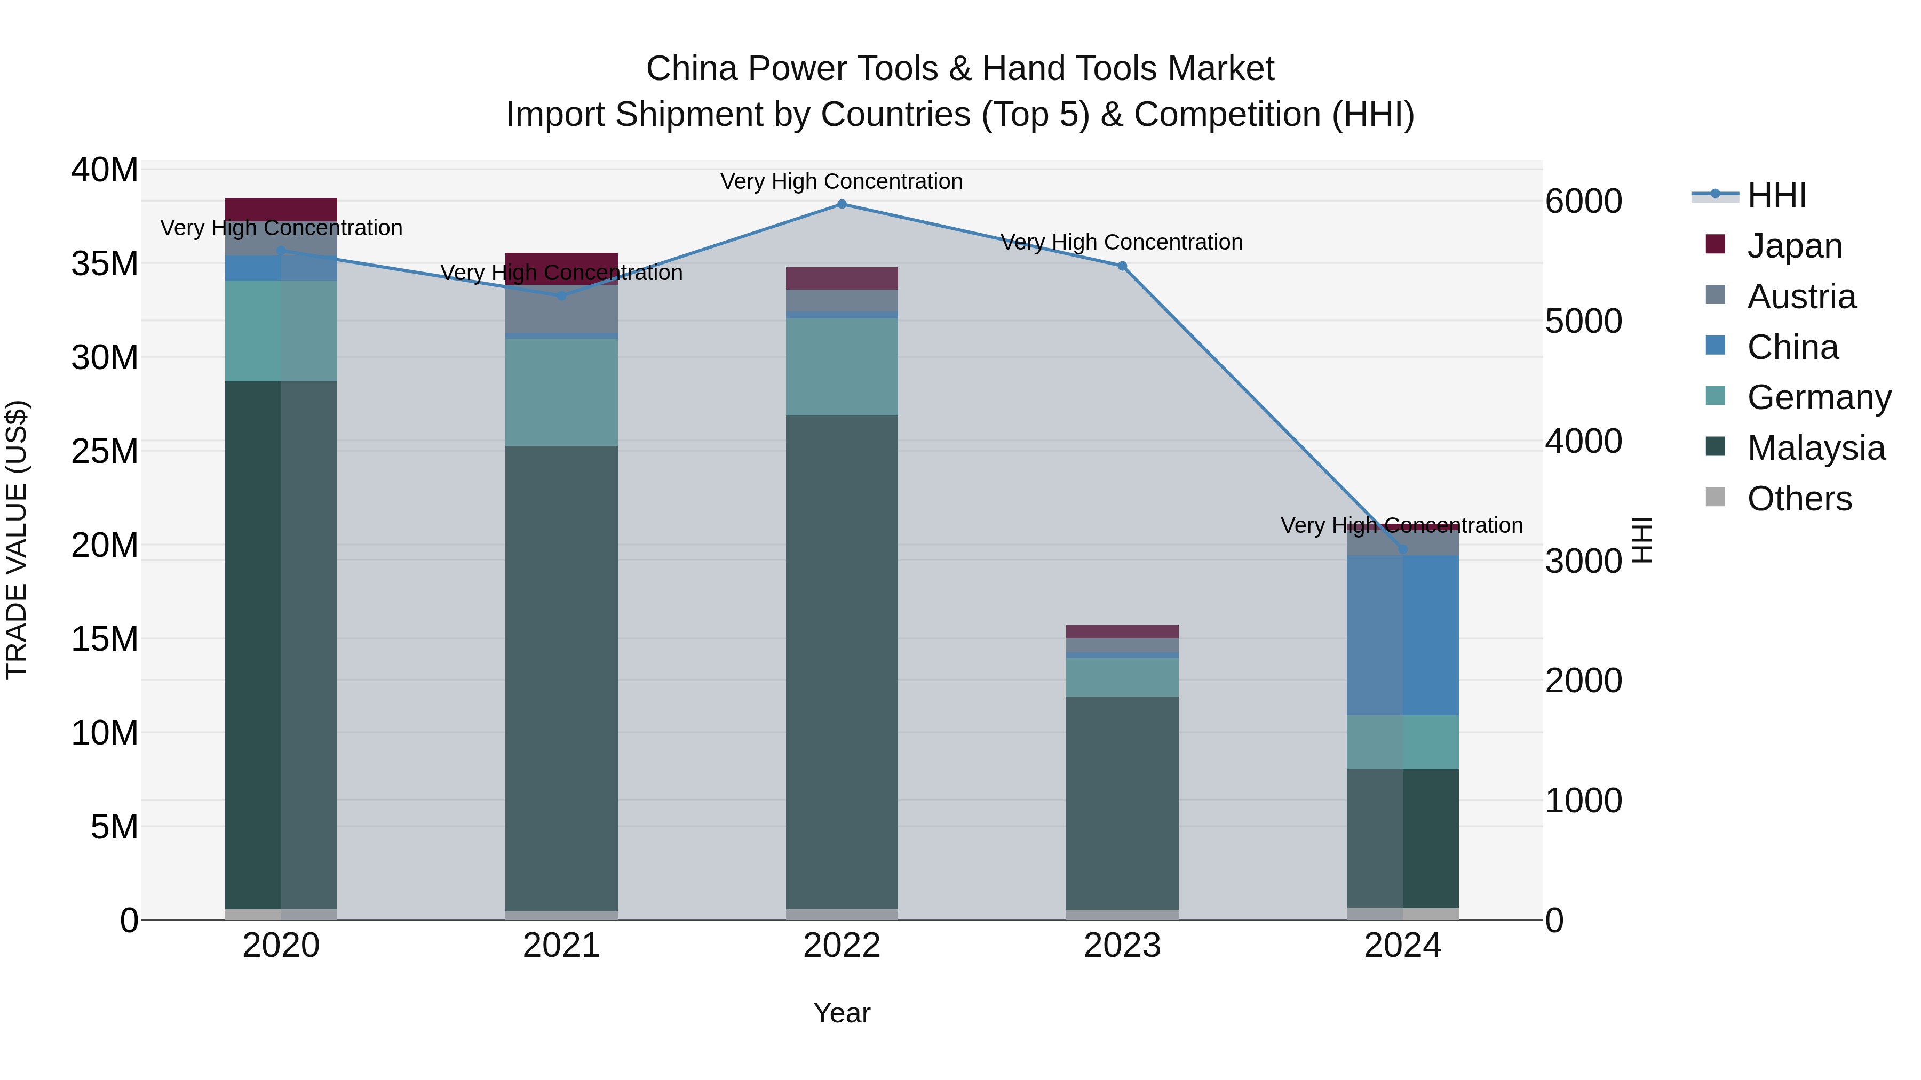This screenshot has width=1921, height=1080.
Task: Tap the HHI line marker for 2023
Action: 1122,266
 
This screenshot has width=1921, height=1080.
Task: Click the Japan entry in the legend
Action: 1793,246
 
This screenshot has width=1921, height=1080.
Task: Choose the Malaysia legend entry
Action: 1815,448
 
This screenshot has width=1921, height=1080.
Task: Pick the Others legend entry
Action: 1799,499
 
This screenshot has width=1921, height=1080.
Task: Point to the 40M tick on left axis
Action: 105,170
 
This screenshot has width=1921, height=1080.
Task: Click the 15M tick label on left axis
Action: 105,639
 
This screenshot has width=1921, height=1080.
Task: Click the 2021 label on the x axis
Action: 561,946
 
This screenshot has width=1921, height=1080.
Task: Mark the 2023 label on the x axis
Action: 1122,946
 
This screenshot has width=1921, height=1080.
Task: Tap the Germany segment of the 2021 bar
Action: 561,392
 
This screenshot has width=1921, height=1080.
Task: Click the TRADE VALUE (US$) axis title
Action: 17,540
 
